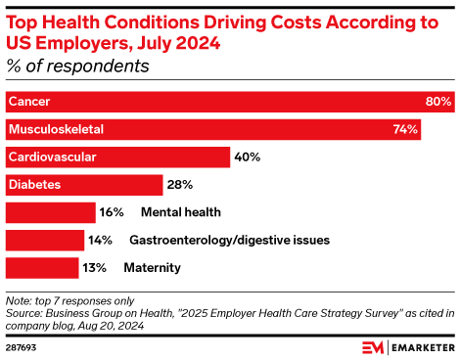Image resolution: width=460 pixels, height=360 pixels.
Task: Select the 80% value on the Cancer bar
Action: (437, 102)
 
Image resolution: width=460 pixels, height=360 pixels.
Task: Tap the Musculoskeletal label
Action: (55, 129)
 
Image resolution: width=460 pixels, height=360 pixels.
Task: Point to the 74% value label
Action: (406, 129)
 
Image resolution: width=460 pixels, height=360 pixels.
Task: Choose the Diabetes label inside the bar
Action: (34, 184)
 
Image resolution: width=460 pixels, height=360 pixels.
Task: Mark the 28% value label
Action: (180, 184)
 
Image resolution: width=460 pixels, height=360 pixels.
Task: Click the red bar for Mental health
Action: (50, 211)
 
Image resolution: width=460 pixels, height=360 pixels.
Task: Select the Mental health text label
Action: (181, 211)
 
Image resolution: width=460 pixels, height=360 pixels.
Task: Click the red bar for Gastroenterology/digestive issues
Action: (44, 240)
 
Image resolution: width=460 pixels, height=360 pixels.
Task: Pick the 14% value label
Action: (101, 240)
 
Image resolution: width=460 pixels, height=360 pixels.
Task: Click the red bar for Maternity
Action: (42, 267)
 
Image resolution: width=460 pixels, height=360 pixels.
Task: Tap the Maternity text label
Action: (152, 267)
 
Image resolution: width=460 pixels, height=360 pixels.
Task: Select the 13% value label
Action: (95, 267)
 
